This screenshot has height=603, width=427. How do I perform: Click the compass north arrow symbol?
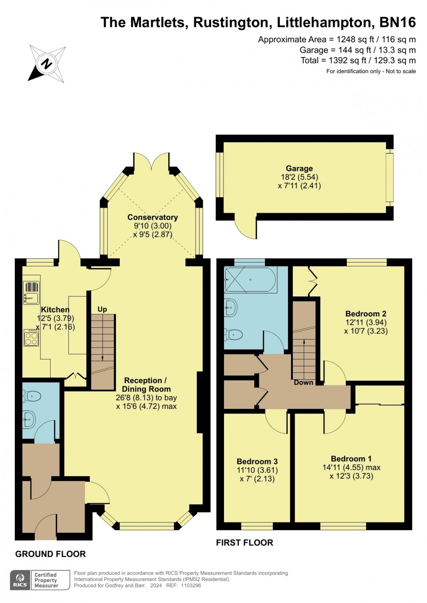point(47,64)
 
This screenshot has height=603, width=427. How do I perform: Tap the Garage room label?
point(299,168)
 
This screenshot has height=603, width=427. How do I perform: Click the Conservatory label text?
point(152,217)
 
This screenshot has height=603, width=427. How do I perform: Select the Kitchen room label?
point(55,310)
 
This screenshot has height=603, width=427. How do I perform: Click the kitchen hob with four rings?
point(31,338)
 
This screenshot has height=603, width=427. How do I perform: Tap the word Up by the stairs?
point(102,309)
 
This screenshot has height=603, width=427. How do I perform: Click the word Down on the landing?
point(303,382)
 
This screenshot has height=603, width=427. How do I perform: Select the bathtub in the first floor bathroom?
point(251,280)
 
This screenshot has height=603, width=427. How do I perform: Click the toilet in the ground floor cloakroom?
point(33,396)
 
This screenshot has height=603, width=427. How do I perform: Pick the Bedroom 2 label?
point(366,313)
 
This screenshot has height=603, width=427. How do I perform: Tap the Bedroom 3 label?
point(257,462)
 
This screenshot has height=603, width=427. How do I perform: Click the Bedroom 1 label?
point(351,459)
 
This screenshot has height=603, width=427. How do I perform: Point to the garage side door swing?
point(245,226)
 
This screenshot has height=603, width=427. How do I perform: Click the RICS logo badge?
point(20,580)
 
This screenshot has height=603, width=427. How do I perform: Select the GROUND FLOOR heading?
point(51,554)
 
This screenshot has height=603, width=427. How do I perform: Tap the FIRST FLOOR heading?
point(244,542)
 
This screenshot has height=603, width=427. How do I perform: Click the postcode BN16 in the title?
point(397,22)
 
